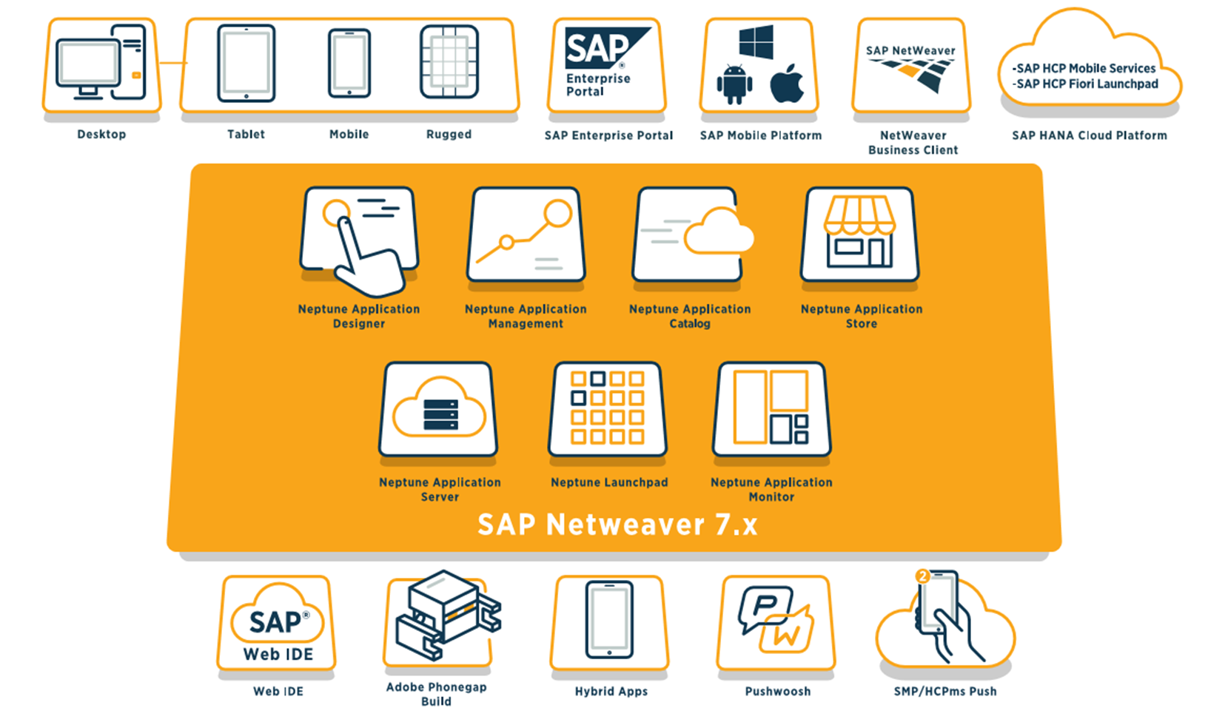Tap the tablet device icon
(246, 63)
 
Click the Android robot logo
(734, 84)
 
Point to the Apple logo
(787, 83)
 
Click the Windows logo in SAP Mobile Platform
(756, 41)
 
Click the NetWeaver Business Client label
(913, 143)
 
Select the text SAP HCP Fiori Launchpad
(1087, 84)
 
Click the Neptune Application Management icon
(526, 235)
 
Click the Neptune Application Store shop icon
(859, 233)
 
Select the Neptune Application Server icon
(438, 409)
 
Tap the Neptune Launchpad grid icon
(607, 408)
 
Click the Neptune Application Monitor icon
(771, 408)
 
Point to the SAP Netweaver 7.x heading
(617, 525)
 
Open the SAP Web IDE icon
(278, 623)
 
